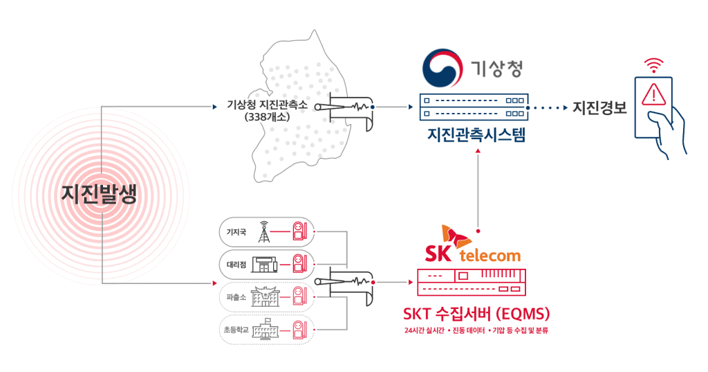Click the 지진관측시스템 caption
(x=476, y=134)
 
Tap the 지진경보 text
(x=599, y=108)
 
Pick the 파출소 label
(x=236, y=296)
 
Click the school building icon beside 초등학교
(x=263, y=329)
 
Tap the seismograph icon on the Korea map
(x=351, y=109)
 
